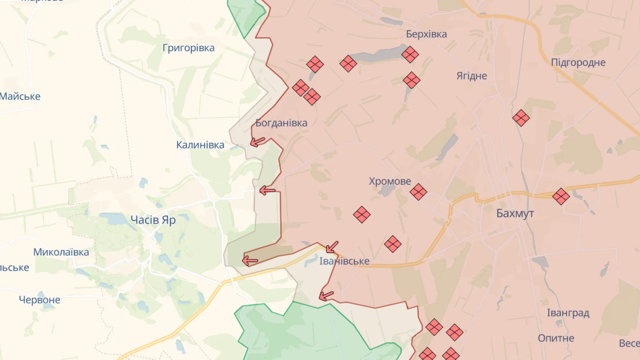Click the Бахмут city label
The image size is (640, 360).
coord(515,213)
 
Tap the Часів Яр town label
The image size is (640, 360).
coord(153,220)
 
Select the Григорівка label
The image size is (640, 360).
coord(188,48)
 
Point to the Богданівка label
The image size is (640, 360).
coord(281,123)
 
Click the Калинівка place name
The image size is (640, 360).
coord(200,145)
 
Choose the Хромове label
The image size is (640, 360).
coord(390,181)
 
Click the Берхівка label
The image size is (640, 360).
coord(427,34)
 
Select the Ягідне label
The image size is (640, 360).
coord(472,76)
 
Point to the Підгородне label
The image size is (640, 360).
coord(578,62)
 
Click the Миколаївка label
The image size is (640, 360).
coord(61,252)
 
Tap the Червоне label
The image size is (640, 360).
coord(39,300)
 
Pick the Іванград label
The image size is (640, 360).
coord(568,313)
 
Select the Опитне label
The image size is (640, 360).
coord(556,338)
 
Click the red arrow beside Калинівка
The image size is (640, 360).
coord(258,142)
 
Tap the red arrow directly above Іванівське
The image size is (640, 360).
coord(331,247)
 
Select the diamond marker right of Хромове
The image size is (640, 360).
coord(418,192)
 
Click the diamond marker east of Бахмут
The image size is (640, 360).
coord(561,196)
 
